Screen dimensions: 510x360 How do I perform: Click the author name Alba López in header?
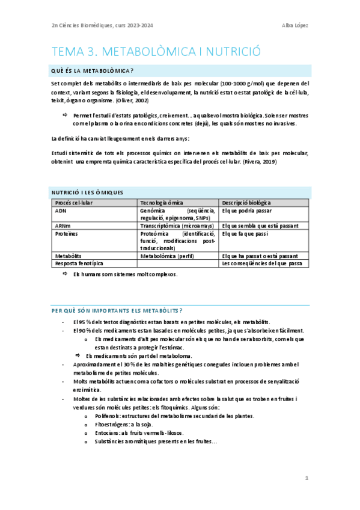coord(295,25)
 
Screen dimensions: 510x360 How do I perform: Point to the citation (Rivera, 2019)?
coord(260,162)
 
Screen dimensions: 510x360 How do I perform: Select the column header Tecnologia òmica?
coord(162,203)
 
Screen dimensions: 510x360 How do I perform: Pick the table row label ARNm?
coord(63,226)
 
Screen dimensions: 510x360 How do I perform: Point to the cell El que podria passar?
coord(246,211)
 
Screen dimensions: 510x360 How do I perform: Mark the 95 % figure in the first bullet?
coord(86,323)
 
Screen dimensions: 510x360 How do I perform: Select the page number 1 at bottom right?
coord(307,478)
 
